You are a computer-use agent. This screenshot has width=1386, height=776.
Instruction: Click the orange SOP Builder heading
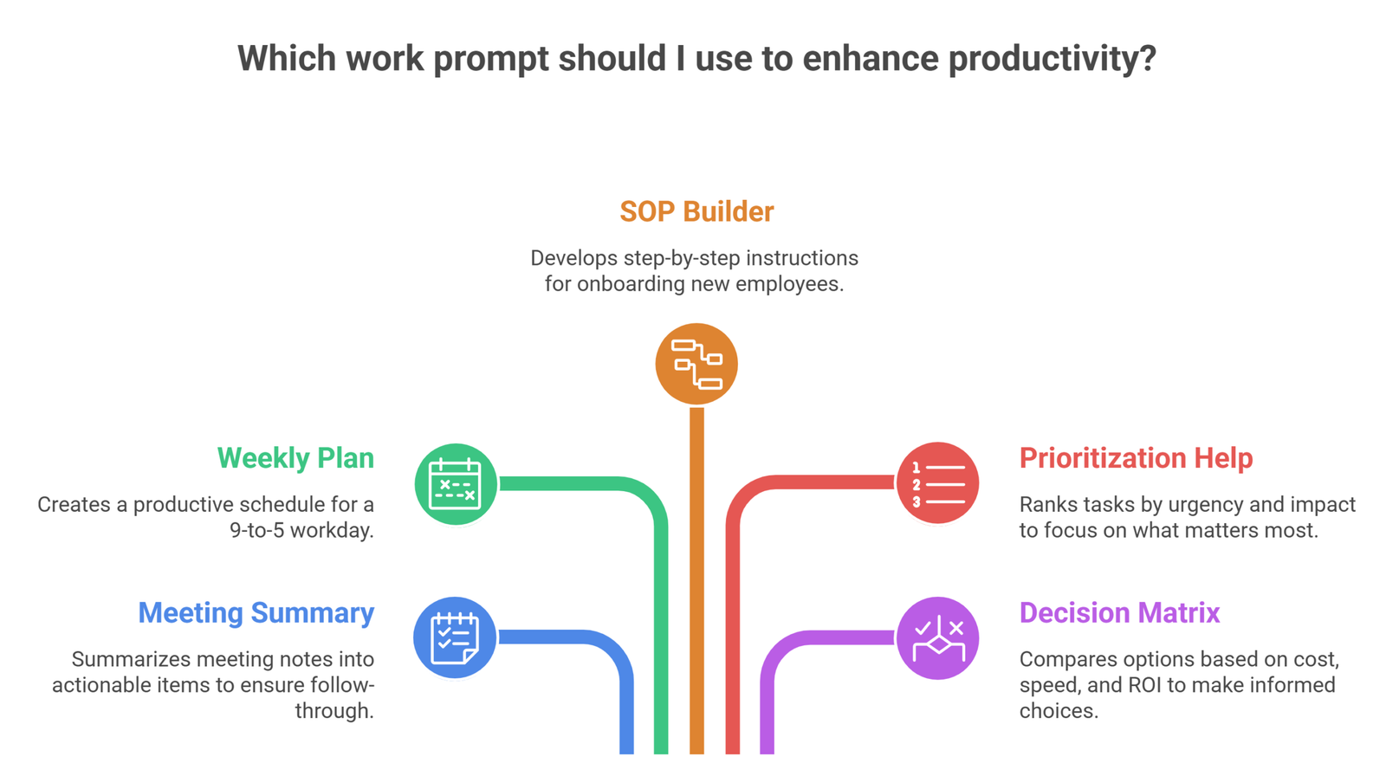point(696,211)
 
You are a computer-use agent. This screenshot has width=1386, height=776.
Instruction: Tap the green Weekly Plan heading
point(295,458)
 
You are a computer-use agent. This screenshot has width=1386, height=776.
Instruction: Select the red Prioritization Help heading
point(1136,458)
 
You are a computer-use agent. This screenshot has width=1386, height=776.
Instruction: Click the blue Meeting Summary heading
point(256,613)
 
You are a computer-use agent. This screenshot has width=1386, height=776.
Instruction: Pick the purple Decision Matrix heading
point(1119,613)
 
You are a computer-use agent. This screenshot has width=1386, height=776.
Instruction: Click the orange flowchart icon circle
point(696,364)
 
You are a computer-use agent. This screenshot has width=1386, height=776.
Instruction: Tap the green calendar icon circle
point(456,484)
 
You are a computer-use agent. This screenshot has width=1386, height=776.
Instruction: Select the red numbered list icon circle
point(937,483)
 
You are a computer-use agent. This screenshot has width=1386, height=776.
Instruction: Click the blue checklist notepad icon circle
point(455,638)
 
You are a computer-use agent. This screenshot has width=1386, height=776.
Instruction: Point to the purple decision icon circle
point(937,638)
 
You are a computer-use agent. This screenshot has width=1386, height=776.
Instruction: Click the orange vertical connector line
point(696,580)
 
